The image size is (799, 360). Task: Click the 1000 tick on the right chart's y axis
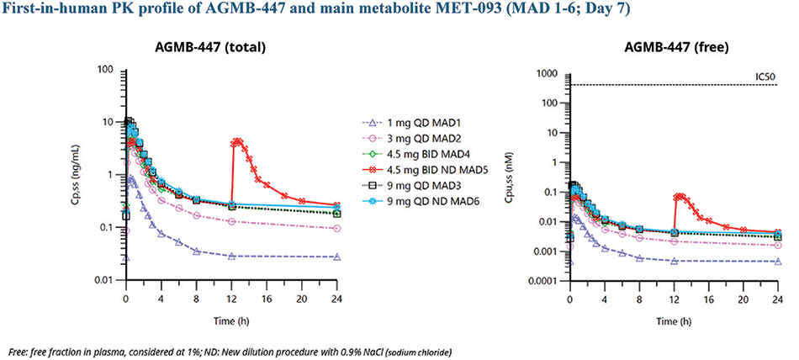pyautogui.click(x=550, y=74)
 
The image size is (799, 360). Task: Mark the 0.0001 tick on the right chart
pyautogui.click(x=545, y=281)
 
